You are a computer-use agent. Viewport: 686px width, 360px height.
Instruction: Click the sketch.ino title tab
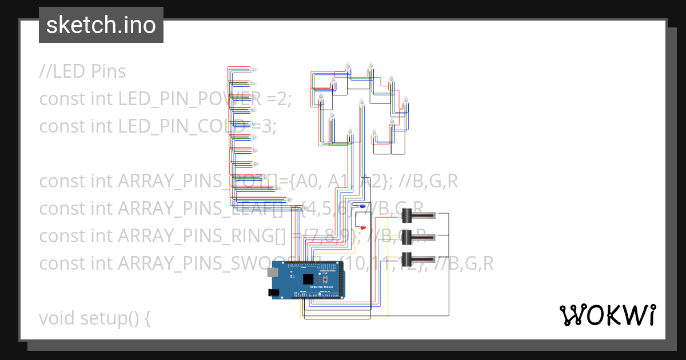click(101, 25)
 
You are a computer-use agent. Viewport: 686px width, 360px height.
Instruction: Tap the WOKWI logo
click(607, 315)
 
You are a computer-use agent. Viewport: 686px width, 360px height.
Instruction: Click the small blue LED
click(362, 206)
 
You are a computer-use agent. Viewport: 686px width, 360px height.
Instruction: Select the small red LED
click(362, 228)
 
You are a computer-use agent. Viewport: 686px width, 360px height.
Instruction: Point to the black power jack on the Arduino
click(274, 292)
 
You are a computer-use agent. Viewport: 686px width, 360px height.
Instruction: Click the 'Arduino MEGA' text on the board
click(320, 286)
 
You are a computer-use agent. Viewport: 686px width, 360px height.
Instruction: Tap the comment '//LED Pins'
click(83, 71)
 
